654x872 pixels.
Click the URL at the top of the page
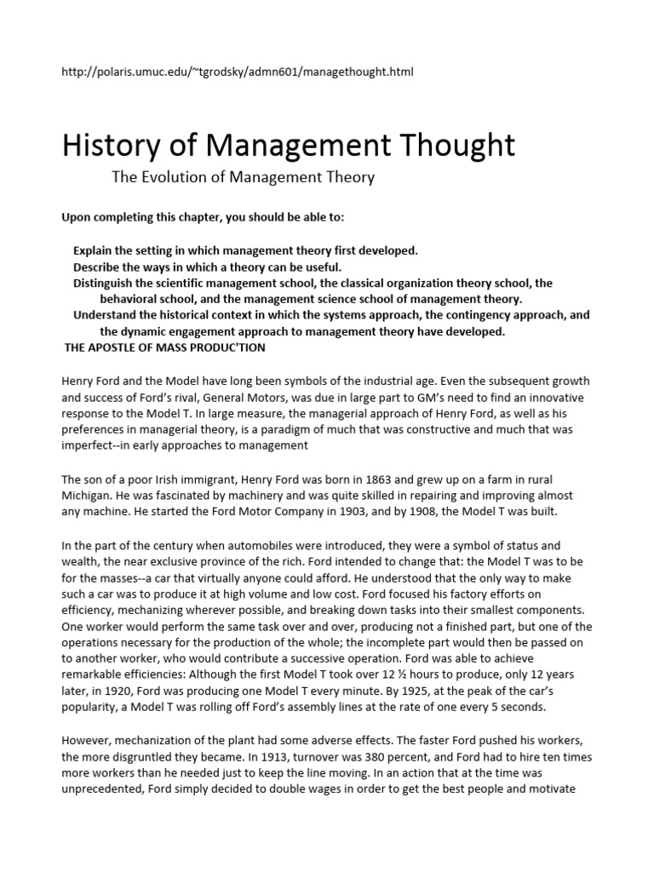[238, 72]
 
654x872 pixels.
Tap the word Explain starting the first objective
[95, 250]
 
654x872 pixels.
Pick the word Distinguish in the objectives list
[106, 284]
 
